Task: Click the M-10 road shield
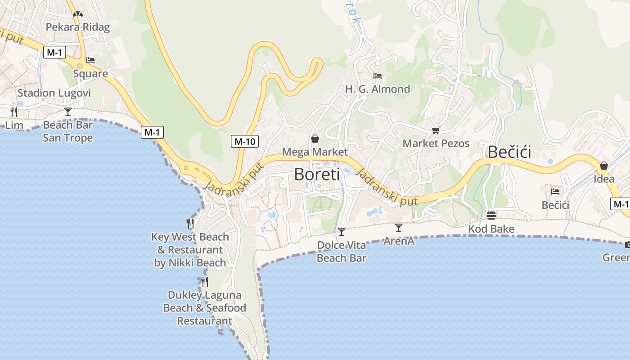point(245,141)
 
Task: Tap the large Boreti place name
point(317,174)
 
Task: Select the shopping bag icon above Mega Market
point(315,139)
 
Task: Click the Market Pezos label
point(436,144)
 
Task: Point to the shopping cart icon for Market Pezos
point(435,130)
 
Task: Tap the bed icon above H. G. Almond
point(378,76)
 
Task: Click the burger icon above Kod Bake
point(491,216)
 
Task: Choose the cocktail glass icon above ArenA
point(399,228)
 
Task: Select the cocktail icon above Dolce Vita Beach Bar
point(342,232)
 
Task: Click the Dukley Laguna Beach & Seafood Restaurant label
point(205,308)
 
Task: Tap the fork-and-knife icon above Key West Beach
point(190,223)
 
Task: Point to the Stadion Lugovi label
point(54,93)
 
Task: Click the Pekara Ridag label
point(78,27)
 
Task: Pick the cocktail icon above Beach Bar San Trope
point(68,111)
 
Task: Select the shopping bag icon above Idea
point(603,166)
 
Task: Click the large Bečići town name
point(509,152)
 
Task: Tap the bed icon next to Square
point(90,60)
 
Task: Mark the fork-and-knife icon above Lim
point(14,112)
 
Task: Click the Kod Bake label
point(491,229)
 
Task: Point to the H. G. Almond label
point(378,89)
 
